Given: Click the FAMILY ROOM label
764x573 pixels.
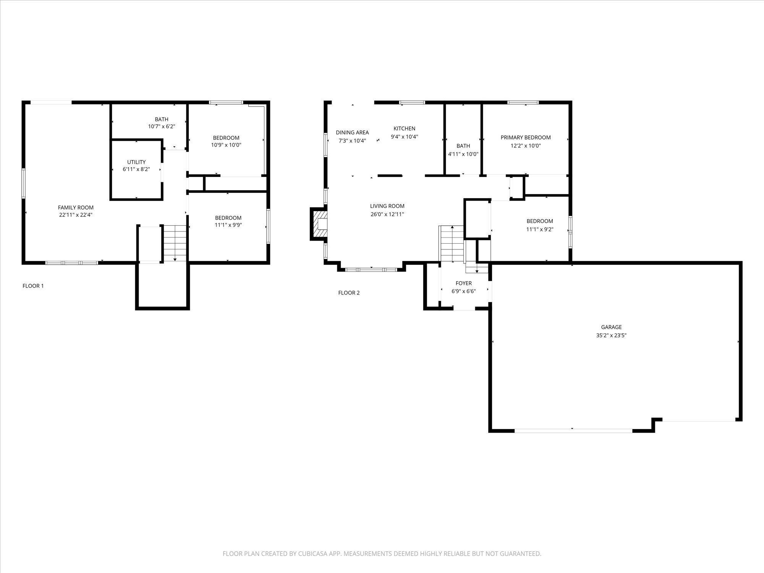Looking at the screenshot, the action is (76, 207).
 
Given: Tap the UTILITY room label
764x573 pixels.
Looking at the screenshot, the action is (136, 162).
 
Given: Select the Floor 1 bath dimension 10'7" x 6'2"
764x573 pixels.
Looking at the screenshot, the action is (162, 126).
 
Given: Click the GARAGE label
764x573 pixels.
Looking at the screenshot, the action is (611, 327).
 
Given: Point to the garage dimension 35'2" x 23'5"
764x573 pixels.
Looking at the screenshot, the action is (611, 335).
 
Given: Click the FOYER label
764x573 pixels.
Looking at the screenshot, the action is (464, 283).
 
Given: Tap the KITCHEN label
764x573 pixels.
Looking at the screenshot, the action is (404, 128).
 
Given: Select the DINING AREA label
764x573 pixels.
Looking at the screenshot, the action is (352, 133).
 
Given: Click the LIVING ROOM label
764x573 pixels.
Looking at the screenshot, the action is (387, 206).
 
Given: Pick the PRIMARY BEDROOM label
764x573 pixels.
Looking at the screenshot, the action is (526, 138).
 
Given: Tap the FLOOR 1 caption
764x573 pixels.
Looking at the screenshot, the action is (33, 286).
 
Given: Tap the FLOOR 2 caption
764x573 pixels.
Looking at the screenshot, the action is (349, 293).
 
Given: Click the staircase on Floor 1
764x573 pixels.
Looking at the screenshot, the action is (175, 243).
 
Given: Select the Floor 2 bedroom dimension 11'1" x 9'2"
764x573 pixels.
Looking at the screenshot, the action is (540, 230).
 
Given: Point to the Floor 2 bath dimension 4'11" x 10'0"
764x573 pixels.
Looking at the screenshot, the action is (463, 154).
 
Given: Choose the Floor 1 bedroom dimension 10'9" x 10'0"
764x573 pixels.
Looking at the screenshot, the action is (226, 145).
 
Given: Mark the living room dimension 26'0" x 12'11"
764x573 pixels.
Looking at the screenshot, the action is (387, 214).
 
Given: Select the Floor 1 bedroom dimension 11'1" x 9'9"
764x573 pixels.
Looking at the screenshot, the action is (228, 225).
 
